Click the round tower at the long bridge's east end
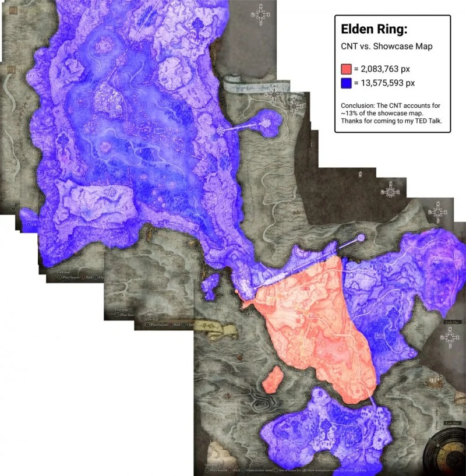click(x=361, y=238)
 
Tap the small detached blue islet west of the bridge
click(x=211, y=285)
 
